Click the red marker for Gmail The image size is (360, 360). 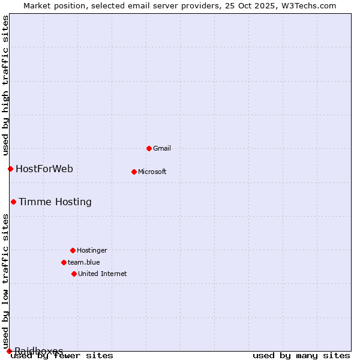(149, 148)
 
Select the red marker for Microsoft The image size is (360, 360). (134, 172)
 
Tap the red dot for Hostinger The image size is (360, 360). (73, 250)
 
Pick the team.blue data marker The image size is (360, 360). (64, 262)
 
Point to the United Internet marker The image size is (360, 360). (74, 274)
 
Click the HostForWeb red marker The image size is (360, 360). (10, 169)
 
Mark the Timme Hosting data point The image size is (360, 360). (13, 202)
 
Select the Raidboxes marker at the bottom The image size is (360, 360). (9, 351)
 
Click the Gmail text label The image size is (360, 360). (162, 148)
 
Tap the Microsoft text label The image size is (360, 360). (152, 172)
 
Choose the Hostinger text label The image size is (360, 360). (92, 250)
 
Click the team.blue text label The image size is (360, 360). (83, 262)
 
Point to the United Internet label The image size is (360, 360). (102, 274)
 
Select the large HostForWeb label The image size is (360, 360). (44, 169)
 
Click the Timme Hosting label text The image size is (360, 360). (55, 202)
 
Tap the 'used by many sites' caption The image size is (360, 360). (301, 356)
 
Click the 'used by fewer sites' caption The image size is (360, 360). (62, 356)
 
